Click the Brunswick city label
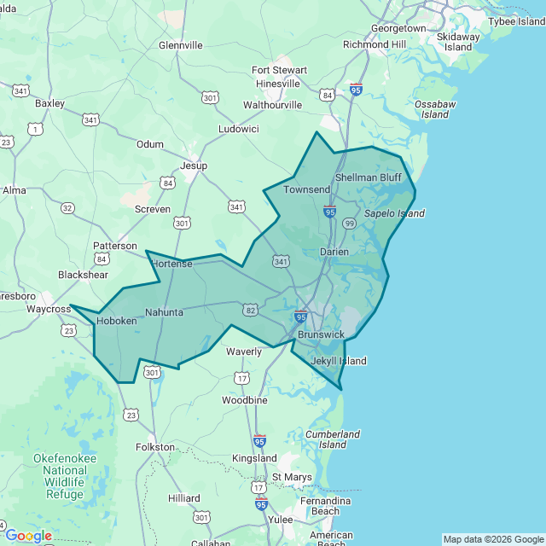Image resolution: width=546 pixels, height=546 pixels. pyautogui.click(x=321, y=334)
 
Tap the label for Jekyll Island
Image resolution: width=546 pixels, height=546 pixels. pyautogui.click(x=338, y=361)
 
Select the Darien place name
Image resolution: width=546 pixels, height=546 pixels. pyautogui.click(x=334, y=252)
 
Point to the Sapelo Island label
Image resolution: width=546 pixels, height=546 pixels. pyautogui.click(x=394, y=213)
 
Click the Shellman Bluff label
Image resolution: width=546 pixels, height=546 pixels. pyautogui.click(x=368, y=177)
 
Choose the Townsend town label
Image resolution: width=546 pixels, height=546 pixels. pyautogui.click(x=307, y=189)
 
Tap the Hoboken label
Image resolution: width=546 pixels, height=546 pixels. pyautogui.click(x=116, y=321)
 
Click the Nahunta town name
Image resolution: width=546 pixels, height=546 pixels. pyautogui.click(x=164, y=312)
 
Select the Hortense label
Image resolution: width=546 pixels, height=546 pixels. pyautogui.click(x=171, y=264)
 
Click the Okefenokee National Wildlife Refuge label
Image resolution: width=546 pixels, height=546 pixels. pyautogui.click(x=65, y=476)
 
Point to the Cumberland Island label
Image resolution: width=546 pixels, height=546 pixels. pyautogui.click(x=333, y=439)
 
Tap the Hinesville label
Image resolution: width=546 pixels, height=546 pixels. pyautogui.click(x=278, y=84)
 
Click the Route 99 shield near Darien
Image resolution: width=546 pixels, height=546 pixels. pyautogui.click(x=348, y=223)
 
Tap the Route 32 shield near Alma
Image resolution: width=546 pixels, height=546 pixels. pyautogui.click(x=67, y=207)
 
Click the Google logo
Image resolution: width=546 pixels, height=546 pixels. pyautogui.click(x=28, y=536)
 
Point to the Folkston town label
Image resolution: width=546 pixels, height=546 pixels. pyautogui.click(x=155, y=446)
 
